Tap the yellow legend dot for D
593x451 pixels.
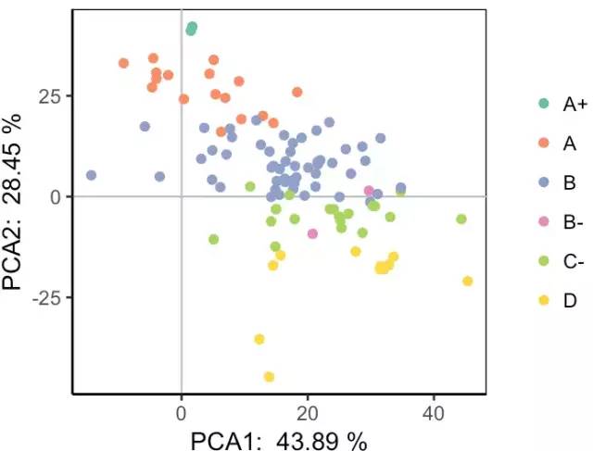pyautogui.click(x=544, y=299)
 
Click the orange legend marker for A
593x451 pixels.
pyautogui.click(x=544, y=144)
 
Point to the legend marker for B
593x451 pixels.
pyautogui.click(x=544, y=182)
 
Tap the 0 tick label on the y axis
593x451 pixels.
pyautogui.click(x=56, y=196)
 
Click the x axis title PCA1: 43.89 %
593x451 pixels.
pyautogui.click(x=278, y=439)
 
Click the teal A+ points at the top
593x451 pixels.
pyautogui.click(x=191, y=29)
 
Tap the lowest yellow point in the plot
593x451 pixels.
pyautogui.click(x=269, y=377)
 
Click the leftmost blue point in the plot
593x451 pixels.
pyautogui.click(x=91, y=175)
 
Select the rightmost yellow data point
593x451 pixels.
pyautogui.click(x=467, y=281)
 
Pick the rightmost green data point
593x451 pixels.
pyautogui.click(x=461, y=219)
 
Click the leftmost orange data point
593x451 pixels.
pyautogui.click(x=123, y=63)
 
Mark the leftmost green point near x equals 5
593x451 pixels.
pyautogui.click(x=214, y=239)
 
